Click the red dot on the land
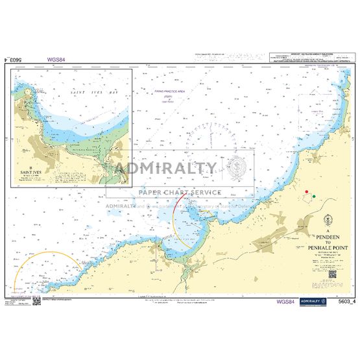coord(305,191)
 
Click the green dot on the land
coord(314,195)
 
